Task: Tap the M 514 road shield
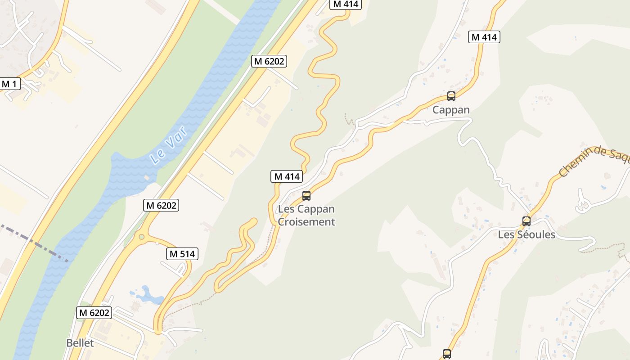tap(182, 254)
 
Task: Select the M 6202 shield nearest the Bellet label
tap(94, 312)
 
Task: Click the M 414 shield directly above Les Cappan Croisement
tap(287, 176)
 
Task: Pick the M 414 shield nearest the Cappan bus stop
tap(484, 37)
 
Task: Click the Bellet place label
tap(80, 343)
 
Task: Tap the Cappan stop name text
tap(451, 110)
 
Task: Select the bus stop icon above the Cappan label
tap(451, 96)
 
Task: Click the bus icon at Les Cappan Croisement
tap(306, 195)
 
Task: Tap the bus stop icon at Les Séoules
tap(526, 221)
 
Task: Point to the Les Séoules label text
tap(526, 234)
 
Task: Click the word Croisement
tap(306, 222)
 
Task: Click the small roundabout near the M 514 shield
tap(142, 237)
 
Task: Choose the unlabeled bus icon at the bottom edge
tap(446, 354)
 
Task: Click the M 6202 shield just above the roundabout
tap(161, 205)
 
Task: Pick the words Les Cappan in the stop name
tap(306, 209)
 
